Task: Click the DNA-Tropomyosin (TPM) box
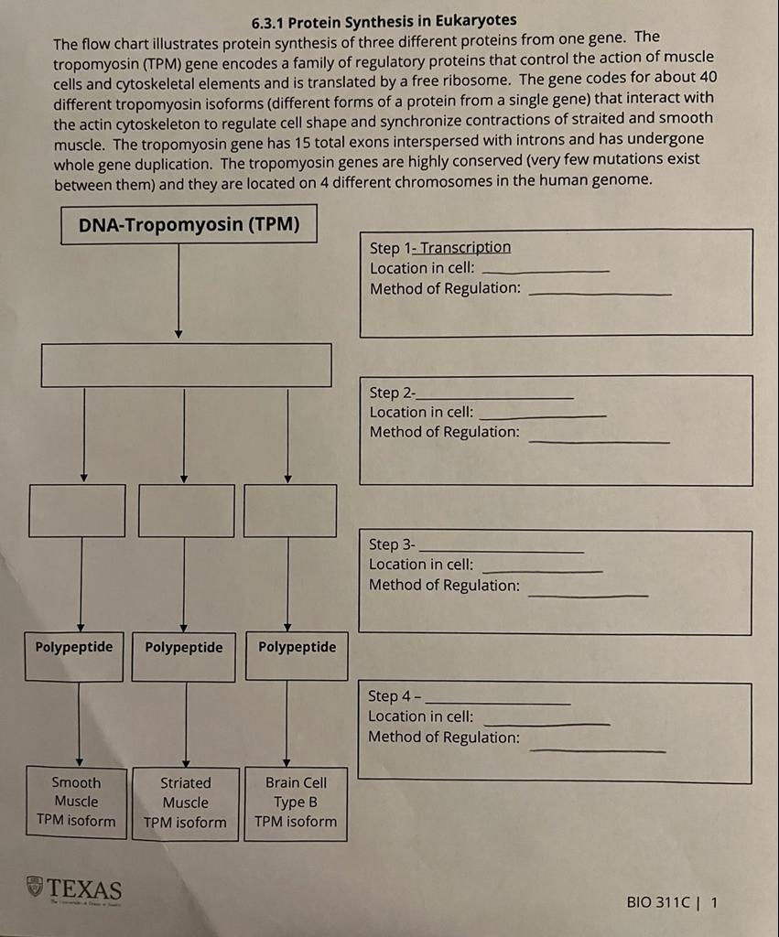coord(189,225)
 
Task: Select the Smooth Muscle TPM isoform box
coord(76,802)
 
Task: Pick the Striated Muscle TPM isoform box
coord(185,802)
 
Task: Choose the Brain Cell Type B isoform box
coord(296,802)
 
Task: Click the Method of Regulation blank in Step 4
coord(597,749)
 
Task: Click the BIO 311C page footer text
coord(672,902)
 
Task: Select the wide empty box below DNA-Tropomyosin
coord(186,365)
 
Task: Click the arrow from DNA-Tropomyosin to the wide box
coord(179,293)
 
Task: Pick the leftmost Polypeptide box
coord(74,656)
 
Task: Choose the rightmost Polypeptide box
coord(297,656)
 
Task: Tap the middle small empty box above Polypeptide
coord(186,511)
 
